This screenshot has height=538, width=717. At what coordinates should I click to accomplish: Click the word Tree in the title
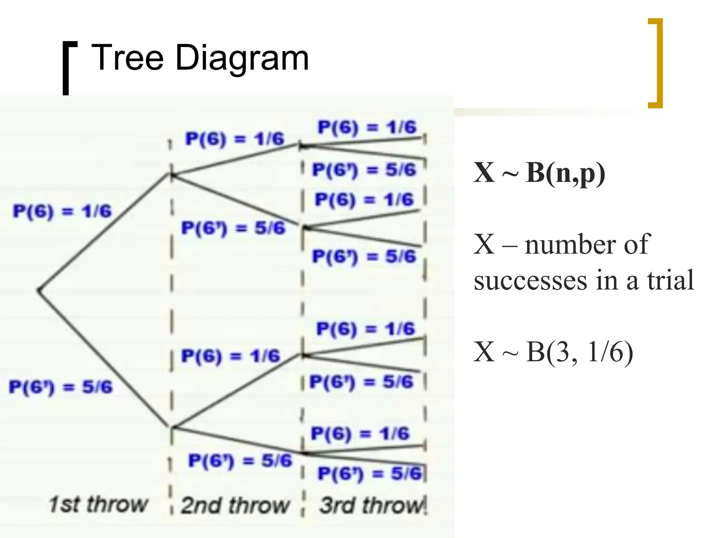(127, 58)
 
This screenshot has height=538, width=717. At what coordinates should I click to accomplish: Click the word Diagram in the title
(242, 58)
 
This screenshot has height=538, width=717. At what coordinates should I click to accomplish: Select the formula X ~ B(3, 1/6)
(553, 352)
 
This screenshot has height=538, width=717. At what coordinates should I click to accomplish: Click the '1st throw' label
(98, 504)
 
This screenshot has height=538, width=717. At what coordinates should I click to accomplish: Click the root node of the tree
(39, 290)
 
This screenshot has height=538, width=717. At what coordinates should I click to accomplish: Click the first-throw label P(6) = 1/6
(62, 211)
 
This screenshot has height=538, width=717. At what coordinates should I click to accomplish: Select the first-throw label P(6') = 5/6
(61, 387)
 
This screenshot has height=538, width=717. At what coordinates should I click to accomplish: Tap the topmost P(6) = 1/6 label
(367, 127)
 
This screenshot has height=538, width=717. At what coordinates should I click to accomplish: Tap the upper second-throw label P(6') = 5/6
(233, 228)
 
